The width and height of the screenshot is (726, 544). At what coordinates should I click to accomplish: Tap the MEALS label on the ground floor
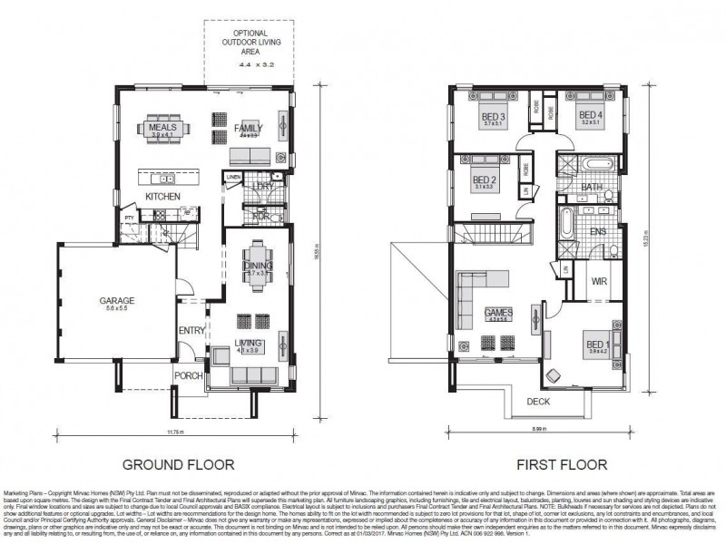tap(165, 128)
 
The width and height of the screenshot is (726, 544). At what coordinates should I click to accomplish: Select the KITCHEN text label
tap(163, 196)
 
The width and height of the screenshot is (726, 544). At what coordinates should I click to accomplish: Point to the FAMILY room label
tap(248, 128)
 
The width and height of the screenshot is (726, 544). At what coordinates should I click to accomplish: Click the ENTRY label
tap(191, 330)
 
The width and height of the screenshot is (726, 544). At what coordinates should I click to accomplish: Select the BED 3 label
tap(495, 116)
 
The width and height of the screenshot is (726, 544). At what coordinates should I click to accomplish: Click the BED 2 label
tap(484, 180)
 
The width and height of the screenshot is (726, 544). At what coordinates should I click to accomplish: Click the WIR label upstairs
tap(598, 281)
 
